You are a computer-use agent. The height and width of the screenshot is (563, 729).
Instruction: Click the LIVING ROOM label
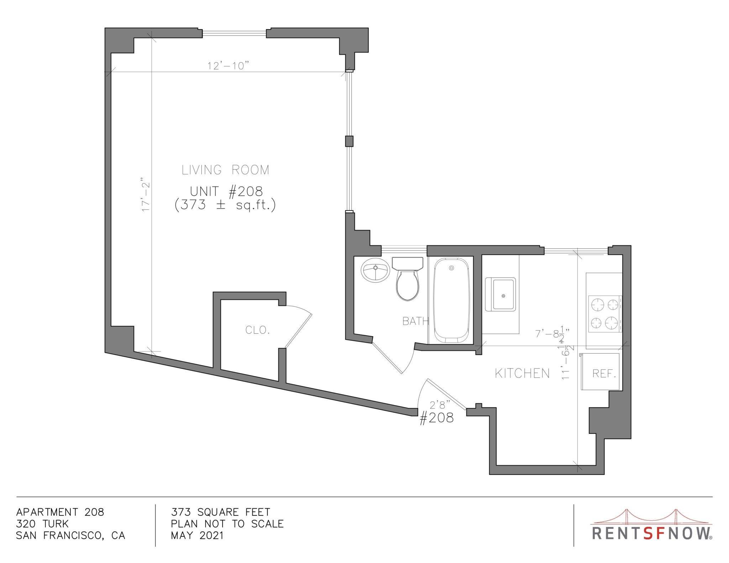pyautogui.click(x=225, y=170)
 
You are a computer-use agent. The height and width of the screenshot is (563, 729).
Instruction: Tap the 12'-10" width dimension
pyautogui.click(x=228, y=66)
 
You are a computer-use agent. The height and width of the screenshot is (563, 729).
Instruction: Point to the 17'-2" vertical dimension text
pyautogui.click(x=146, y=195)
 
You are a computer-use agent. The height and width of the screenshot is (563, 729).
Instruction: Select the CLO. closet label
pyautogui.click(x=257, y=330)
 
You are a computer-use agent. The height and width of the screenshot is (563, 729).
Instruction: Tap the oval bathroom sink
pyautogui.click(x=375, y=270)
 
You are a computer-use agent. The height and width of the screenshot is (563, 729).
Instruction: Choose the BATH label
pyautogui.click(x=415, y=321)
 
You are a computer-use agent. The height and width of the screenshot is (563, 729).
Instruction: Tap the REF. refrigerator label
pyautogui.click(x=604, y=373)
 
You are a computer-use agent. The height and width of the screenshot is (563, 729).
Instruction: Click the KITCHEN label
pyautogui.click(x=522, y=373)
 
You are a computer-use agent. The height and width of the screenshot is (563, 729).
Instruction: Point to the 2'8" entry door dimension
pyautogui.click(x=440, y=404)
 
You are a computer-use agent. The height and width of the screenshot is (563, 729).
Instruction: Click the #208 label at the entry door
pyautogui.click(x=437, y=418)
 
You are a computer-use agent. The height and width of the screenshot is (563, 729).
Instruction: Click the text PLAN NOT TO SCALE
pyautogui.click(x=227, y=524)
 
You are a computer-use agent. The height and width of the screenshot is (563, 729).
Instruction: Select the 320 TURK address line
pyautogui.click(x=42, y=524)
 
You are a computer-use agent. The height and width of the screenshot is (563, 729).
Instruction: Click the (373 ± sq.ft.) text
pyautogui.click(x=225, y=205)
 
